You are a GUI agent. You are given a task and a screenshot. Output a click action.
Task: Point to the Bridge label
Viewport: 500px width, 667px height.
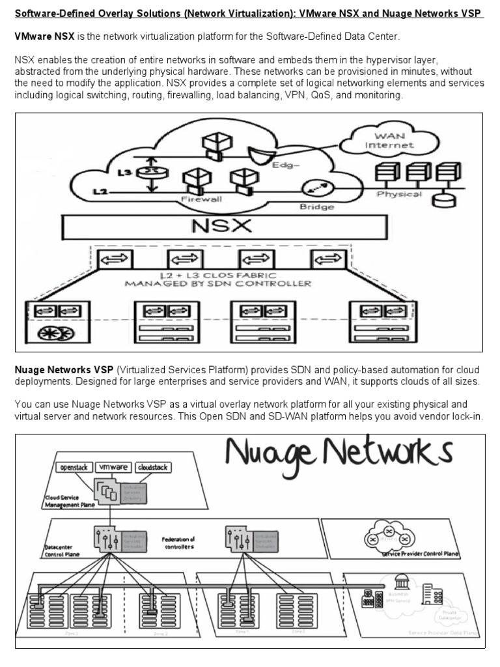[x=317, y=206]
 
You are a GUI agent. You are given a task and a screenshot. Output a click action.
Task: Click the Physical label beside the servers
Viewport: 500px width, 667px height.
[x=399, y=194]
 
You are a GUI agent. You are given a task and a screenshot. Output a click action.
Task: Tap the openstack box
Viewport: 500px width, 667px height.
[x=74, y=468]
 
